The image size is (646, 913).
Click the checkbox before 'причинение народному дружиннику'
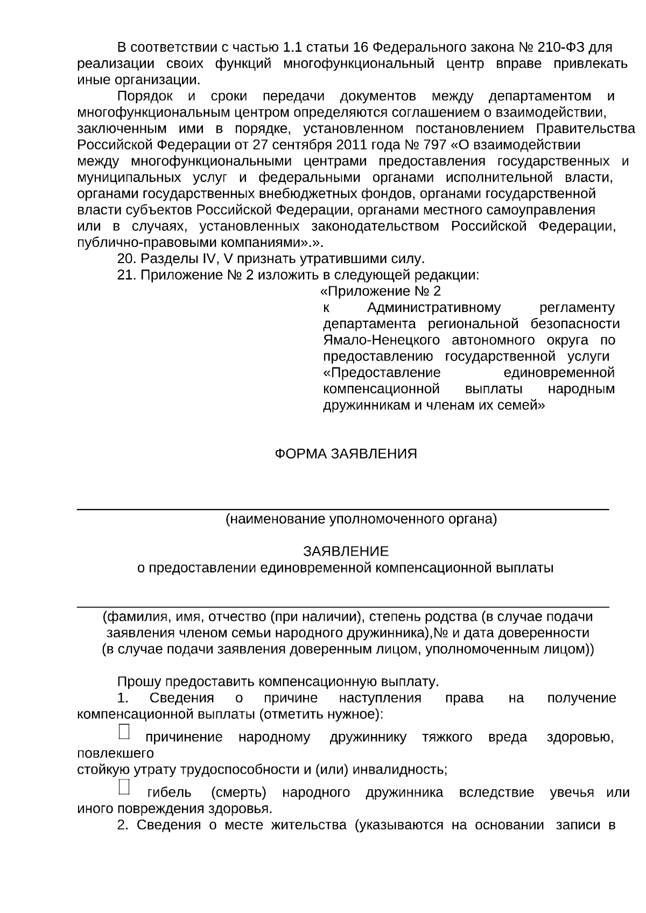coord(124,731)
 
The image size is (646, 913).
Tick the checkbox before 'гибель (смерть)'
coord(124,787)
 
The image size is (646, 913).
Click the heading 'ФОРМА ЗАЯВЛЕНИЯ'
coord(346,454)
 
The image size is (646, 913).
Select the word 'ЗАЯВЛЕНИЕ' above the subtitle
coord(346,551)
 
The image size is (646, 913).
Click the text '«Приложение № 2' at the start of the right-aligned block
coord(380,291)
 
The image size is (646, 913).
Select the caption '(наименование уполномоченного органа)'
coord(361,519)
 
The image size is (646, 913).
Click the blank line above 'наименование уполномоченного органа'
coord(343,507)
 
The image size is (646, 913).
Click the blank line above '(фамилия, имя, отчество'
coord(343,606)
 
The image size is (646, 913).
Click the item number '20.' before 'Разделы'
coord(127,259)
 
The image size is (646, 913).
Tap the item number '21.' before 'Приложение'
coord(127,275)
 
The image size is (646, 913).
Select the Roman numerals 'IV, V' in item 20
coord(218,259)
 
